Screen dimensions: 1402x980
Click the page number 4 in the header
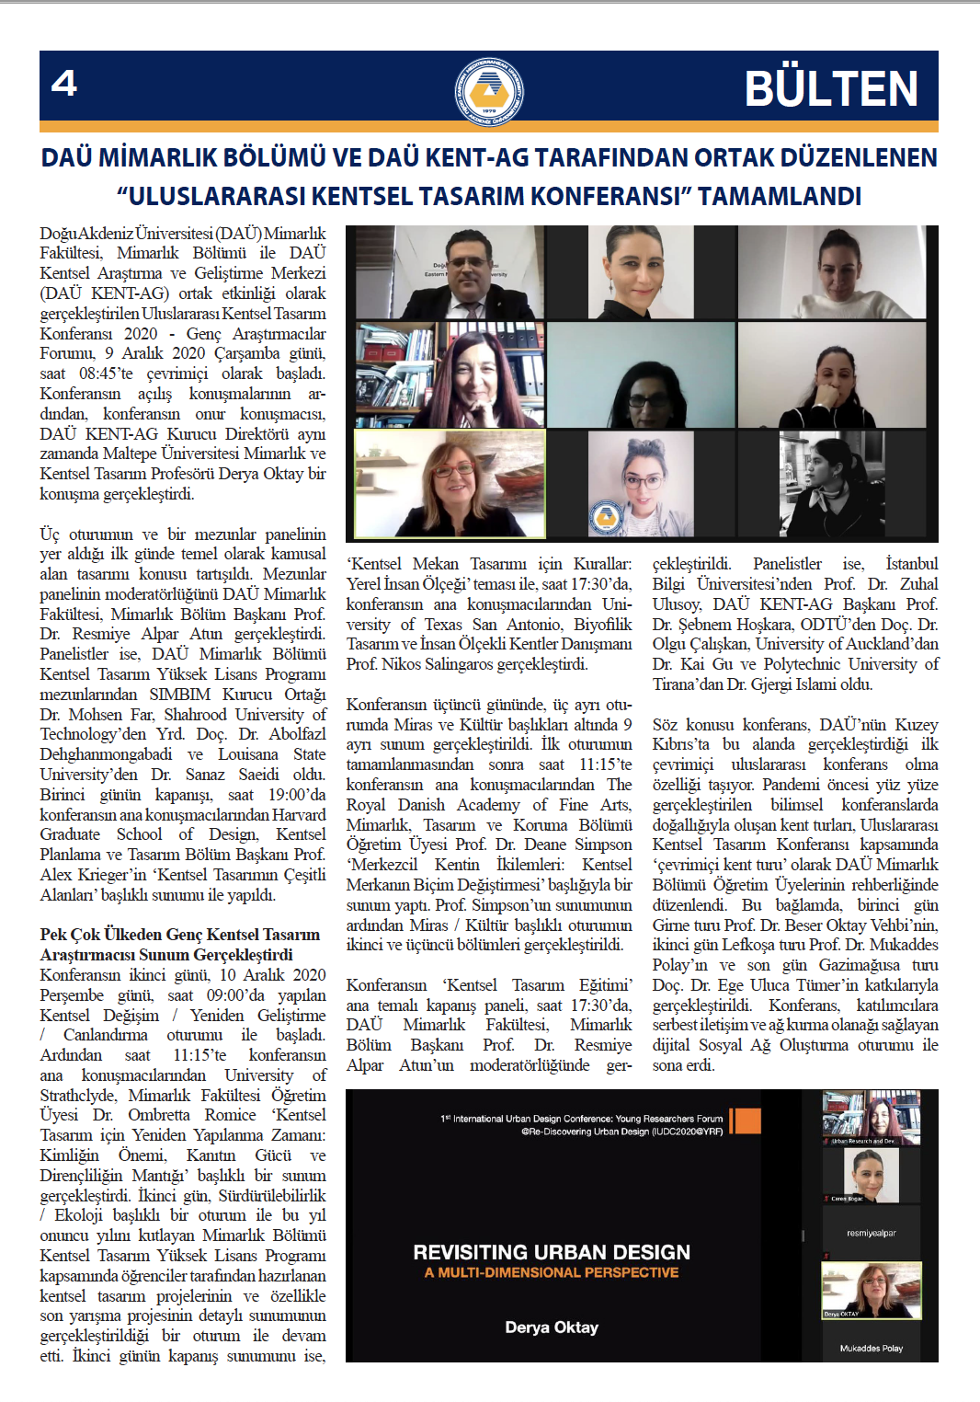(x=64, y=84)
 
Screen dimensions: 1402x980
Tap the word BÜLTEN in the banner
(x=830, y=89)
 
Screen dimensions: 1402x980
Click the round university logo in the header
(x=490, y=90)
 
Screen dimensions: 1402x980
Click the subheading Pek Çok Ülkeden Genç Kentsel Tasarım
(x=180, y=935)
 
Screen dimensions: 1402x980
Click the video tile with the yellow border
(x=450, y=484)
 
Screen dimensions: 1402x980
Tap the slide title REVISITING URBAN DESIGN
(x=552, y=1252)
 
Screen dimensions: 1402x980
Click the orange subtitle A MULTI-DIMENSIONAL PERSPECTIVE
(x=552, y=1272)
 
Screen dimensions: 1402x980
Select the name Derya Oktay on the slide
(x=552, y=1327)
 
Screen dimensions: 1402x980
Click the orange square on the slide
(x=745, y=1120)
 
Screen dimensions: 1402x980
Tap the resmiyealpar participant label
(x=871, y=1233)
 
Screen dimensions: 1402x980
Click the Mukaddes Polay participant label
(x=871, y=1348)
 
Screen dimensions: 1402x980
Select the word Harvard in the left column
(x=299, y=814)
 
